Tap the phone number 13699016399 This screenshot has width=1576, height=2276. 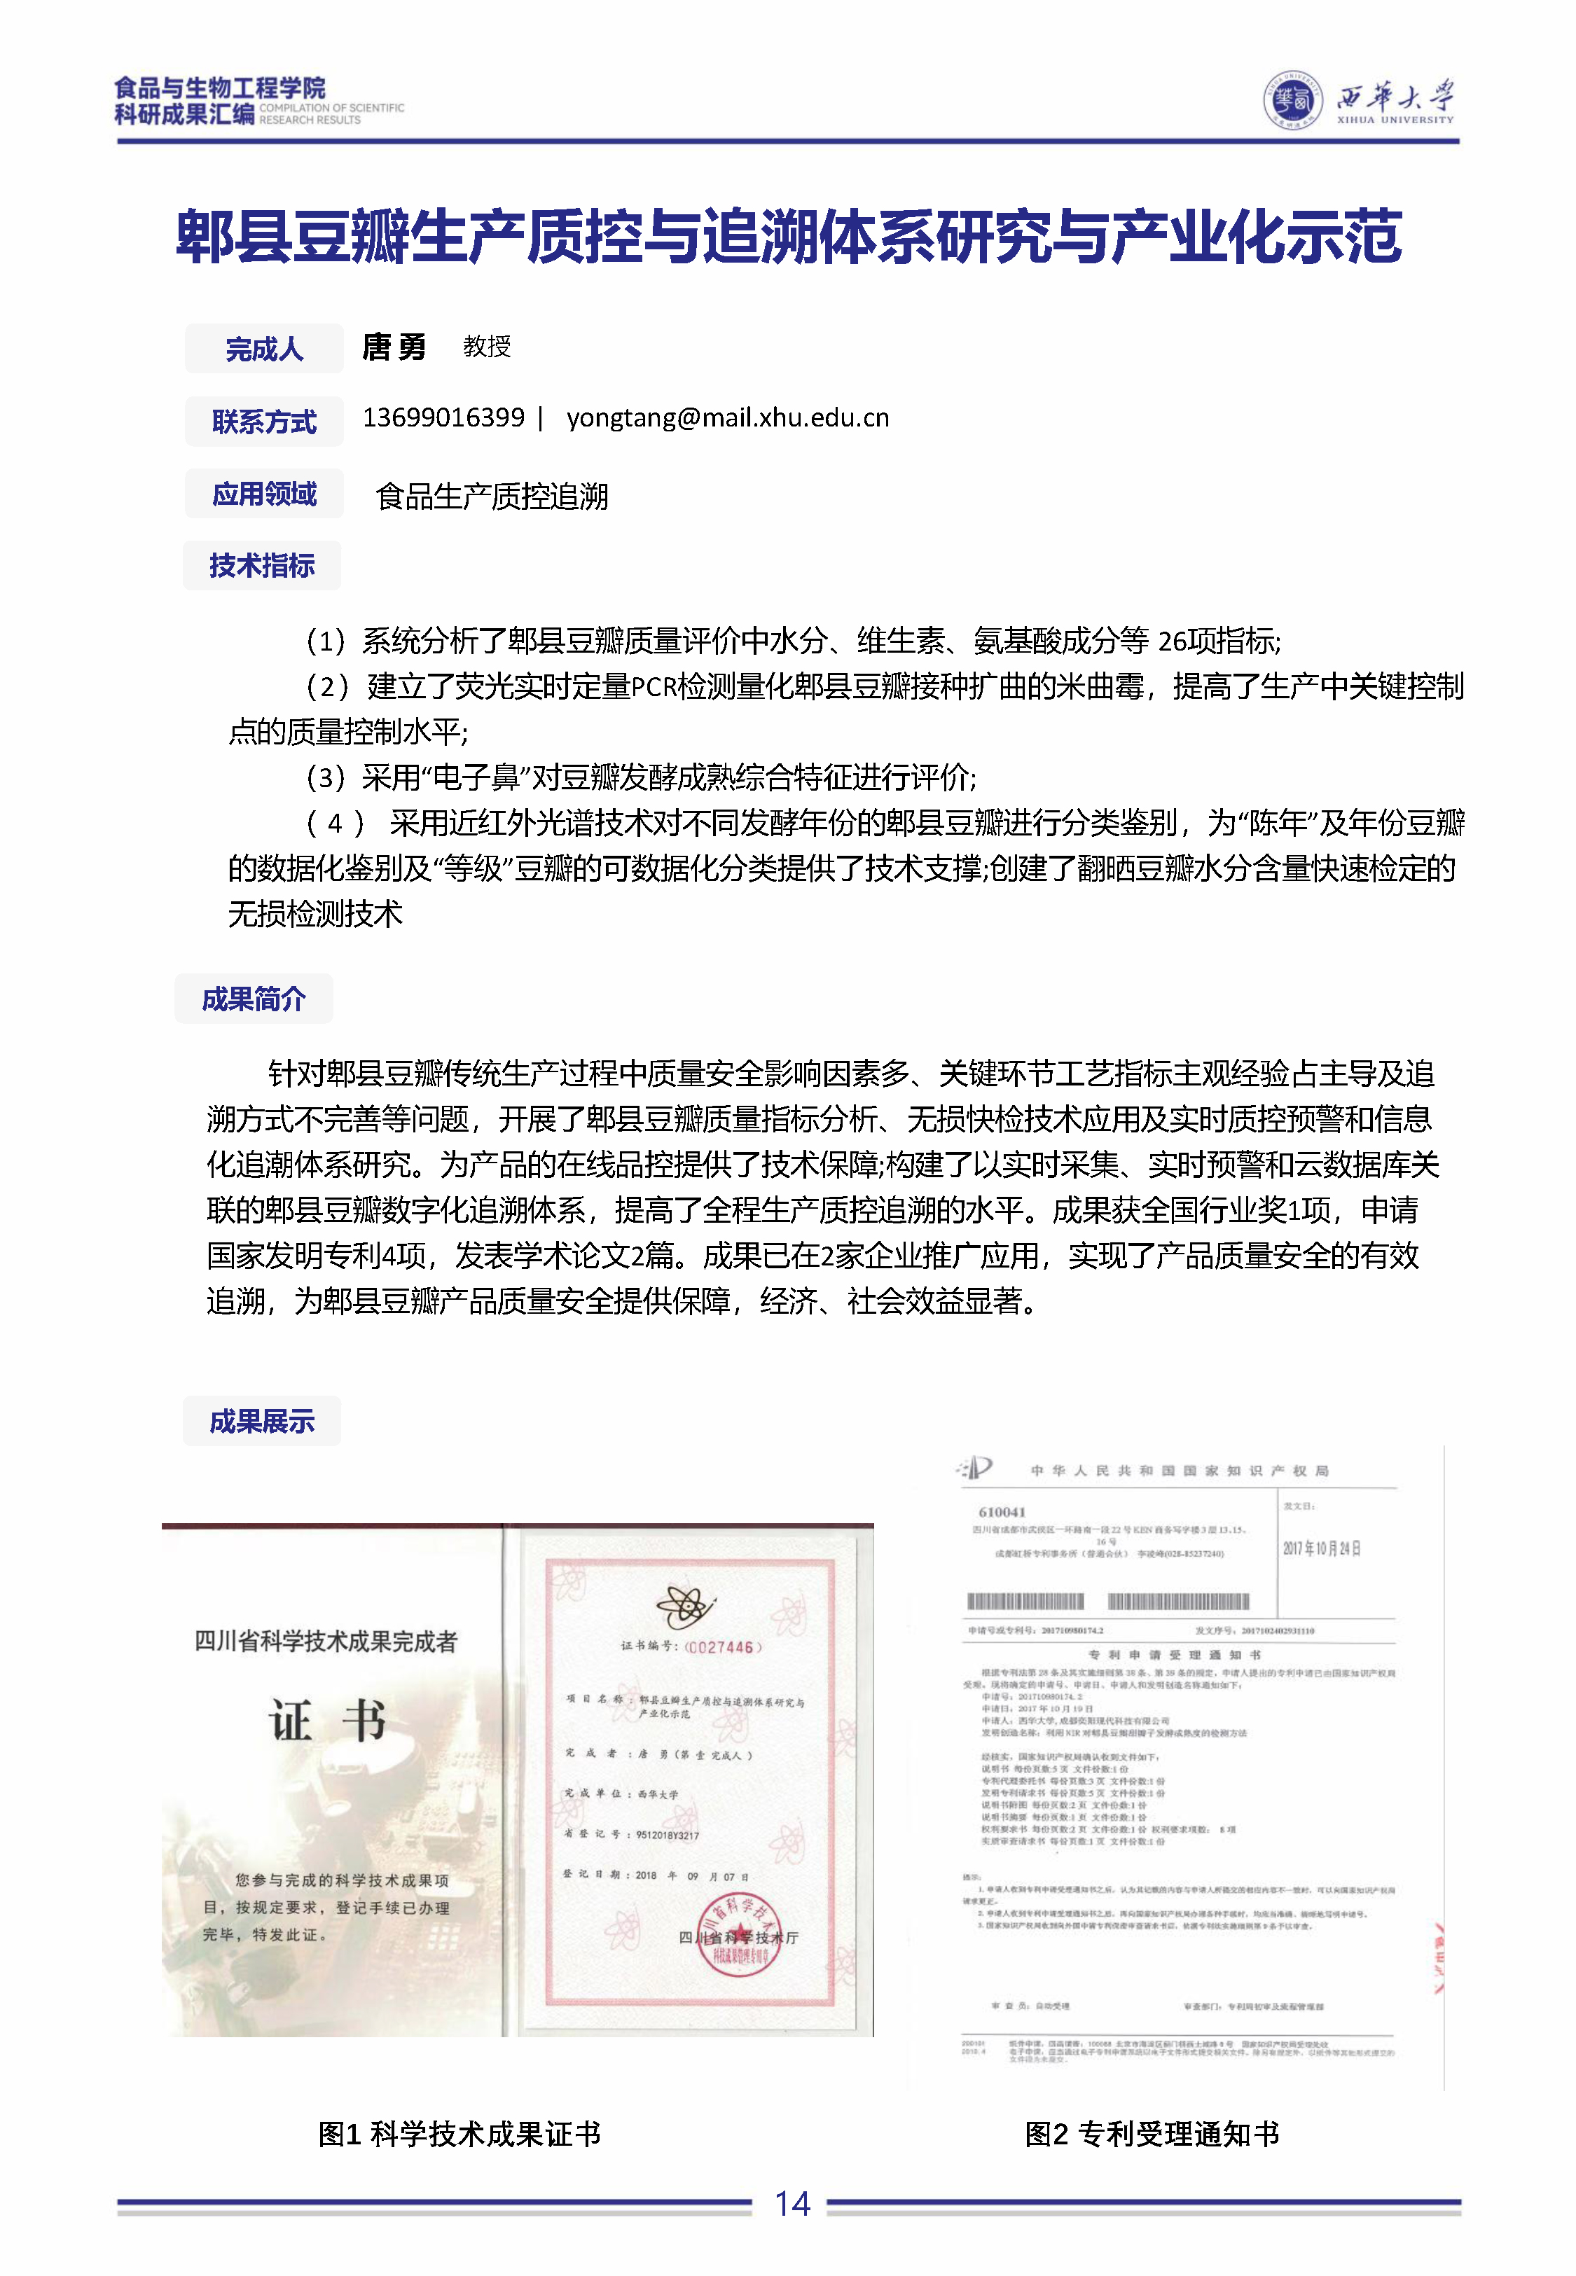coord(443,417)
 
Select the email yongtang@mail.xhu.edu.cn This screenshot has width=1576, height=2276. coord(728,417)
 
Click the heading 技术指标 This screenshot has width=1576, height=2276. coord(262,566)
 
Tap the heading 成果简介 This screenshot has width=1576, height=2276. coord(254,999)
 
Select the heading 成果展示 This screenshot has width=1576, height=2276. coord(262,1420)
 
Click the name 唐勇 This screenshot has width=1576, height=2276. coord(394,347)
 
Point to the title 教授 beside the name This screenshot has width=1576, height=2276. coord(487,347)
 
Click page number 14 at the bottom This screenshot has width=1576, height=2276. coord(792,2203)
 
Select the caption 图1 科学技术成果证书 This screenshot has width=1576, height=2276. coord(459,2134)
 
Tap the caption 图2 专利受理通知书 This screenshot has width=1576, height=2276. coord(1152,2134)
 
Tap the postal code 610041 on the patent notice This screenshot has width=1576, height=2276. coord(1002,1512)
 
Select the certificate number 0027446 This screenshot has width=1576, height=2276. coord(723,1647)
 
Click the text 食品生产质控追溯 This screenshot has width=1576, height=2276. coord(492,496)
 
